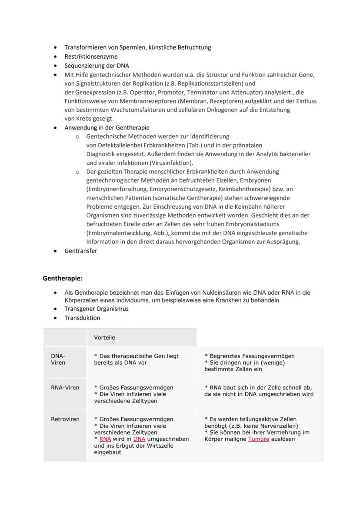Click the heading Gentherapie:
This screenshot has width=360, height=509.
pyautogui.click(x=63, y=278)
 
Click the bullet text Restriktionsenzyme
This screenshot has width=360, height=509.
pyautogui.click(x=91, y=57)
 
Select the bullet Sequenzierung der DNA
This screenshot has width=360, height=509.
pyautogui.click(x=97, y=66)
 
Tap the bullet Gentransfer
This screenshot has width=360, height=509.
pyautogui.click(x=81, y=251)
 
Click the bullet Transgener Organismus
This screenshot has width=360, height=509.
pyautogui.click(x=97, y=309)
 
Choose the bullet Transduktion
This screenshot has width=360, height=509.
pyautogui.click(x=82, y=318)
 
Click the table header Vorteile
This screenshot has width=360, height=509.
pyautogui.click(x=104, y=337)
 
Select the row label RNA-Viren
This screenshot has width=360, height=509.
pyautogui.click(x=65, y=387)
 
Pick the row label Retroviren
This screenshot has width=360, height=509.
pyautogui.click(x=65, y=419)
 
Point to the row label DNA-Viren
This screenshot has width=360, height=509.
pyautogui.click(x=58, y=359)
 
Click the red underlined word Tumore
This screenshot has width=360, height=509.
pyautogui.click(x=259, y=439)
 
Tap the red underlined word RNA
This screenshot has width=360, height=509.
pyautogui.click(x=105, y=439)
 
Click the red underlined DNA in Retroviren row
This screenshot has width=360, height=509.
pyautogui.click(x=139, y=439)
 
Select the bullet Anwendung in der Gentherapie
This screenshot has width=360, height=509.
pyautogui.click(x=107, y=128)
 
